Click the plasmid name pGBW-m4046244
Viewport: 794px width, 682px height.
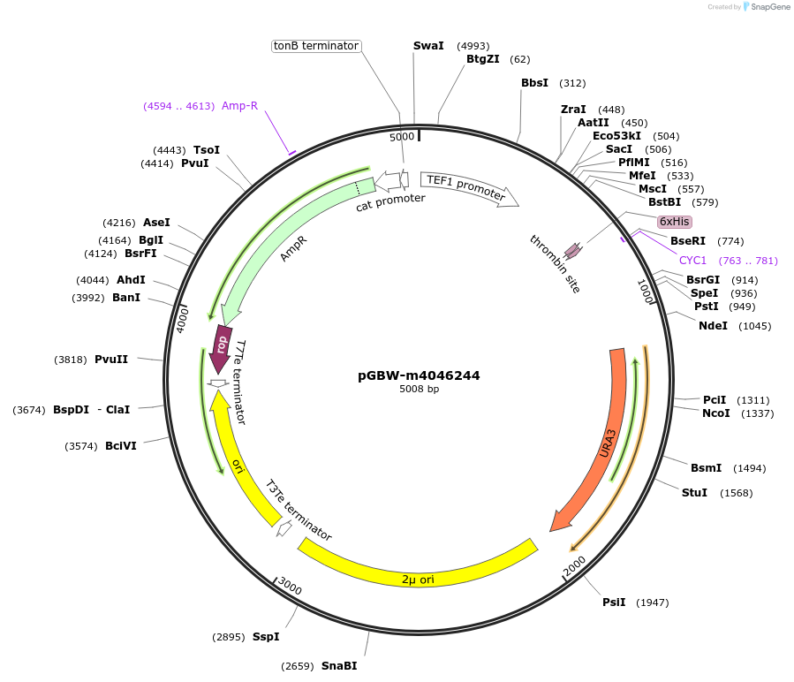419,375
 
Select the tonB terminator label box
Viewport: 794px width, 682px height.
316,46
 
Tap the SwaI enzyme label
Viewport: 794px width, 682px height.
428,46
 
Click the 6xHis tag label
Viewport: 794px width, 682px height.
675,222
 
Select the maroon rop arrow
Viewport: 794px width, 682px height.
221,345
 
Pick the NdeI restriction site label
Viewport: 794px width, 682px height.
713,326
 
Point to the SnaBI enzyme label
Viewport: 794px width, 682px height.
339,666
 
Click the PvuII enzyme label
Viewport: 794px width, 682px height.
111,360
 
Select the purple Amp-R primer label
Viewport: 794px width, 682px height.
239,106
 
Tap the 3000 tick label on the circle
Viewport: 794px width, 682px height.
290,586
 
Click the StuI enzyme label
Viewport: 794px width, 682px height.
694,492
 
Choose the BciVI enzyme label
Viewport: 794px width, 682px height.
121,446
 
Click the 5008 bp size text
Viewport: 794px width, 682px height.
419,390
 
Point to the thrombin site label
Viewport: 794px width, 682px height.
555,264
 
